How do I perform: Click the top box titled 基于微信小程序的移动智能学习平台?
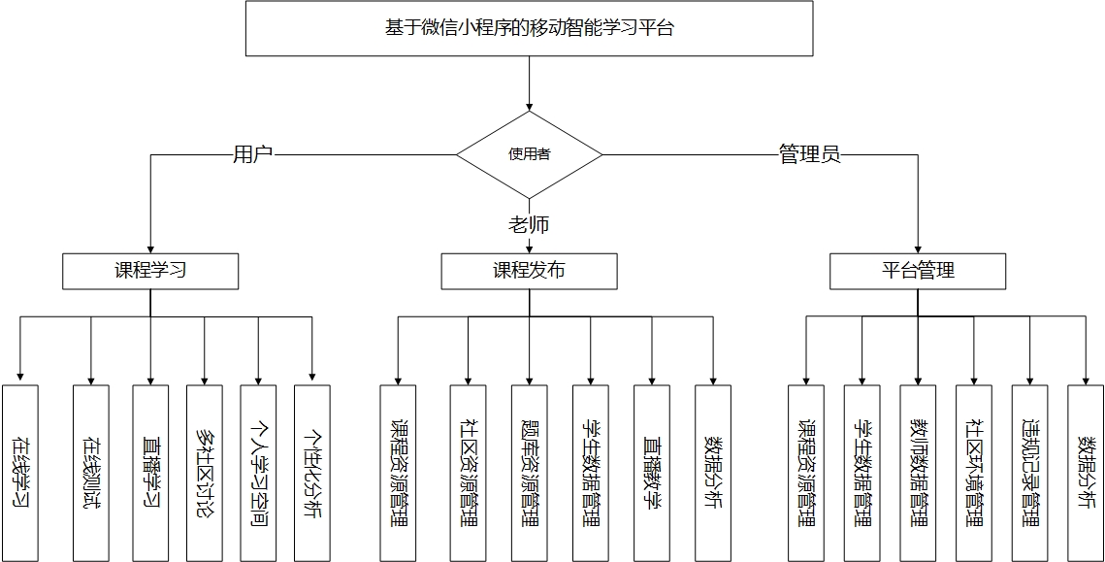pyautogui.click(x=530, y=28)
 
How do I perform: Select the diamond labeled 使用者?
pyautogui.click(x=530, y=154)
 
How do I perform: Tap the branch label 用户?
pyautogui.click(x=252, y=154)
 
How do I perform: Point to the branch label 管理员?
pyautogui.click(x=809, y=154)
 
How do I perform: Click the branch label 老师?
pyautogui.click(x=530, y=225)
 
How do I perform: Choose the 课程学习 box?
pyautogui.click(x=150, y=271)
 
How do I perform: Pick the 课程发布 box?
pyautogui.click(x=530, y=271)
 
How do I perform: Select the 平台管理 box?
pyautogui.click(x=918, y=271)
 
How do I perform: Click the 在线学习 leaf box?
pyautogui.click(x=20, y=473)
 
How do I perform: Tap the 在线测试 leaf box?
pyautogui.click(x=91, y=473)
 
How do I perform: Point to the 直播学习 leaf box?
pyautogui.click(x=150, y=473)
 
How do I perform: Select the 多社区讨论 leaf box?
pyautogui.click(x=204, y=473)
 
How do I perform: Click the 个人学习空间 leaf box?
pyautogui.click(x=258, y=473)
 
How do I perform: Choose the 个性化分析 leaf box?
pyautogui.click(x=312, y=473)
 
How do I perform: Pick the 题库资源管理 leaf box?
pyautogui.click(x=530, y=473)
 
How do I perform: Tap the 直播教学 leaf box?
pyautogui.click(x=652, y=473)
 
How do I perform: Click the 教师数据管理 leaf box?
pyautogui.click(x=918, y=473)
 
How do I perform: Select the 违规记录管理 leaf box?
pyautogui.click(x=1029, y=473)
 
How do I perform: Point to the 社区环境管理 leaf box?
pyautogui.click(x=974, y=473)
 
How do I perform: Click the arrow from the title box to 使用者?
pyautogui.click(x=530, y=83)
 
